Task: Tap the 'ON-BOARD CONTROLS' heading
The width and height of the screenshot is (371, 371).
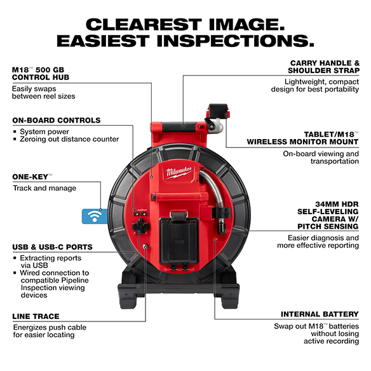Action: pos(56,120)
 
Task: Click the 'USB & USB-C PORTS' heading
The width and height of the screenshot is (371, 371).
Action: pos(52,246)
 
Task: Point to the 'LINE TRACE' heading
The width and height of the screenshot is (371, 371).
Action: pos(36,316)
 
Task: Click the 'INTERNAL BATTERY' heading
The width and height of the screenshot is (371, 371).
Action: pos(320,314)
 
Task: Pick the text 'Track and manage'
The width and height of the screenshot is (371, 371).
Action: pos(44,188)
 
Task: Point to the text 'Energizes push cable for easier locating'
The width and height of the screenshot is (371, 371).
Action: pos(49,332)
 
